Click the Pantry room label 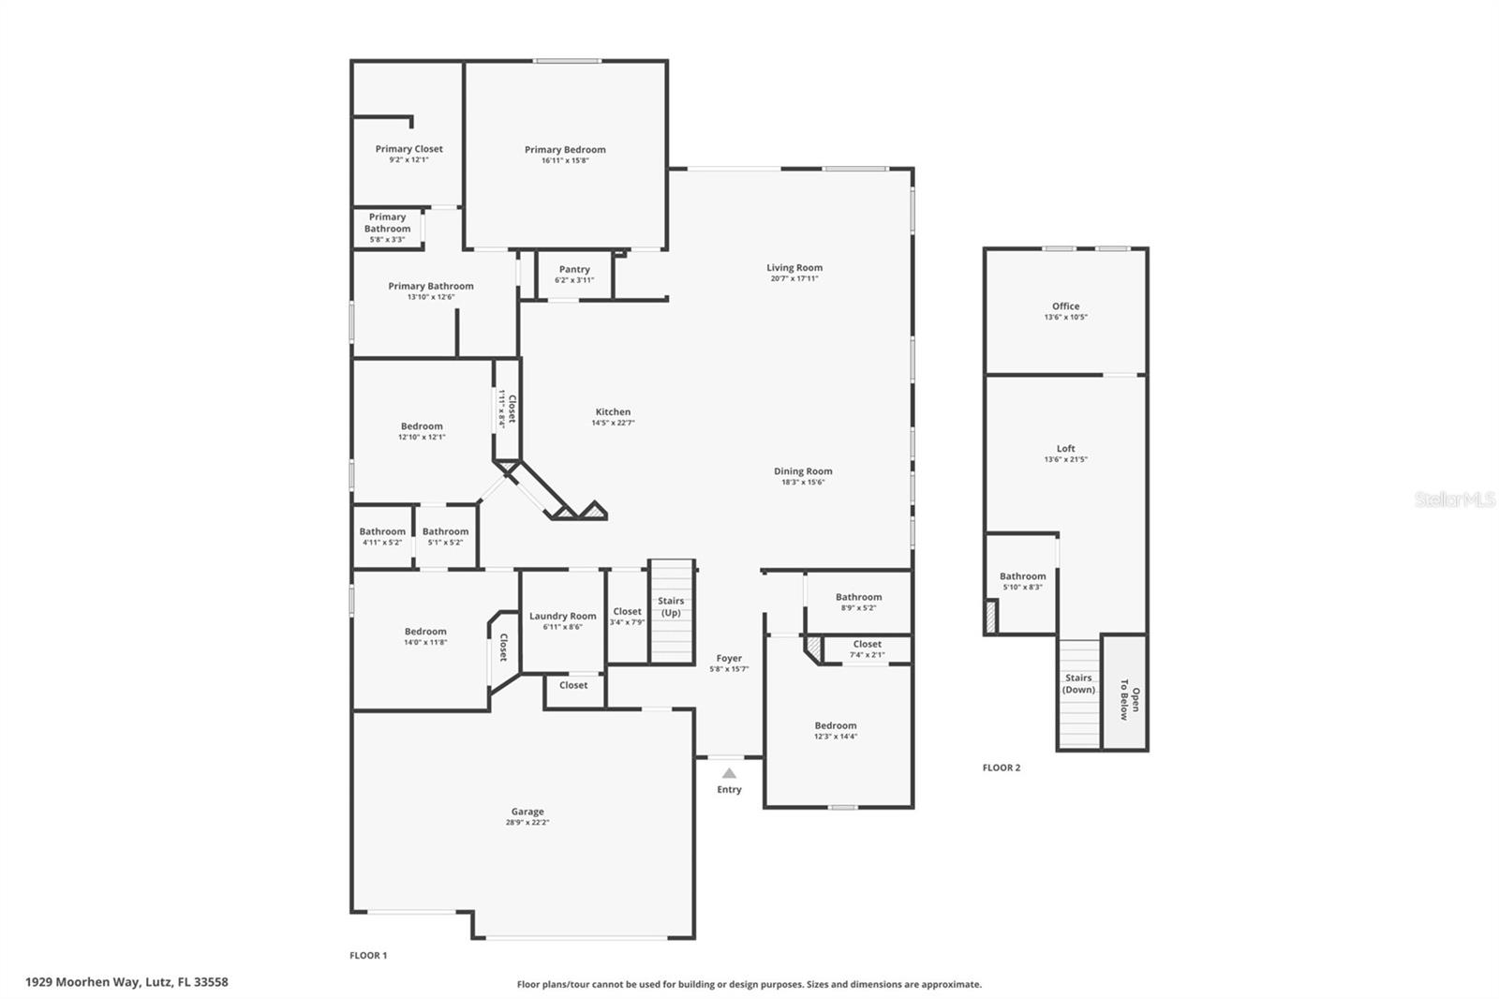574,270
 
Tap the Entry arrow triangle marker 729,773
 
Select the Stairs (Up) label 671,606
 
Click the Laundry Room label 562,617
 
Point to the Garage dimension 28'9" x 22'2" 527,823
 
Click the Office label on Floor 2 1065,306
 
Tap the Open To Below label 1130,704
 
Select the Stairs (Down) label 1078,683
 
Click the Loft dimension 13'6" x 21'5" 1065,460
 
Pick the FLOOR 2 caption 1001,768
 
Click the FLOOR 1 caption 368,956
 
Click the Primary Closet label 408,149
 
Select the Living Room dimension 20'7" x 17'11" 794,278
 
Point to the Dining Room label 803,471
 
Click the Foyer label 729,659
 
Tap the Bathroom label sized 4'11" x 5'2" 382,531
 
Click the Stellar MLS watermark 1454,500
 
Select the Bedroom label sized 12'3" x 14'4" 835,725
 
